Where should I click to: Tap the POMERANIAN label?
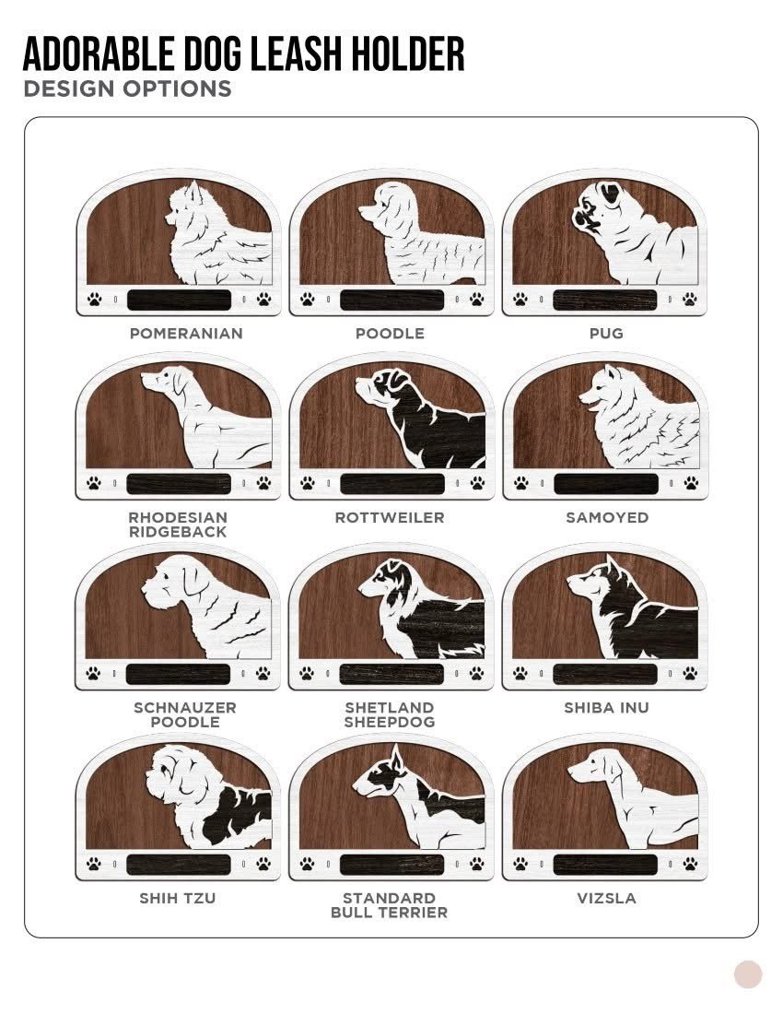(186, 334)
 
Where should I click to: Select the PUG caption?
(606, 334)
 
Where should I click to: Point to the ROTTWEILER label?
(390, 518)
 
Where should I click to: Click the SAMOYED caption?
(607, 518)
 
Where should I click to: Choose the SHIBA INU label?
(606, 708)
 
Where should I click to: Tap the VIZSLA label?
(606, 898)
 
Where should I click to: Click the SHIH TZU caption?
(177, 898)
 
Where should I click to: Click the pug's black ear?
(609, 192)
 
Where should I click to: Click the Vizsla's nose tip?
(570, 771)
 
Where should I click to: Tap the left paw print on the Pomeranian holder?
(94, 299)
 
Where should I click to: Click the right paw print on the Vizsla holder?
(690, 864)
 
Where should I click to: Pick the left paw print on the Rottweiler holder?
(307, 482)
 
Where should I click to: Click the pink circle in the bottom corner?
(748, 974)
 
